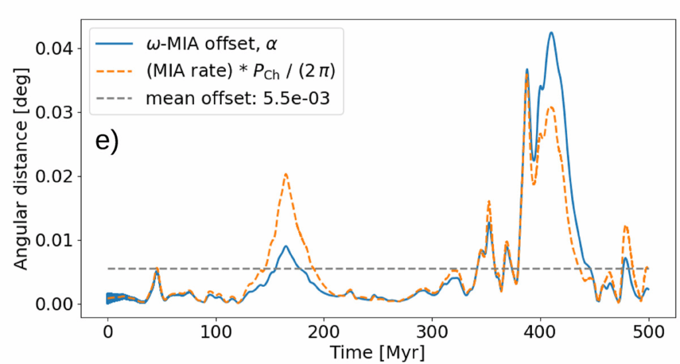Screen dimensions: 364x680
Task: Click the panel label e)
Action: pyautogui.click(x=108, y=141)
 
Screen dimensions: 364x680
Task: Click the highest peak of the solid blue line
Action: pyautogui.click(x=551, y=33)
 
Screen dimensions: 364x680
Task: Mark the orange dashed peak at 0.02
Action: pyautogui.click(x=286, y=174)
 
